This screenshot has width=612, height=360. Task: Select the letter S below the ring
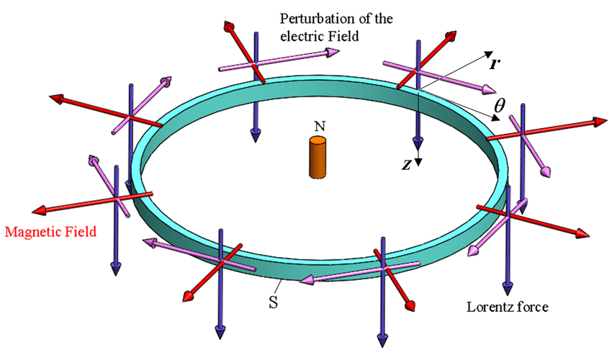point(274,302)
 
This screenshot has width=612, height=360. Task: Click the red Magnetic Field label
point(50,232)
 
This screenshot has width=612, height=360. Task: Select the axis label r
point(495,63)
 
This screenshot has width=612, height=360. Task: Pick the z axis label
point(407,164)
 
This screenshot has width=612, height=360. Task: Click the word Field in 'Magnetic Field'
point(81,232)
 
